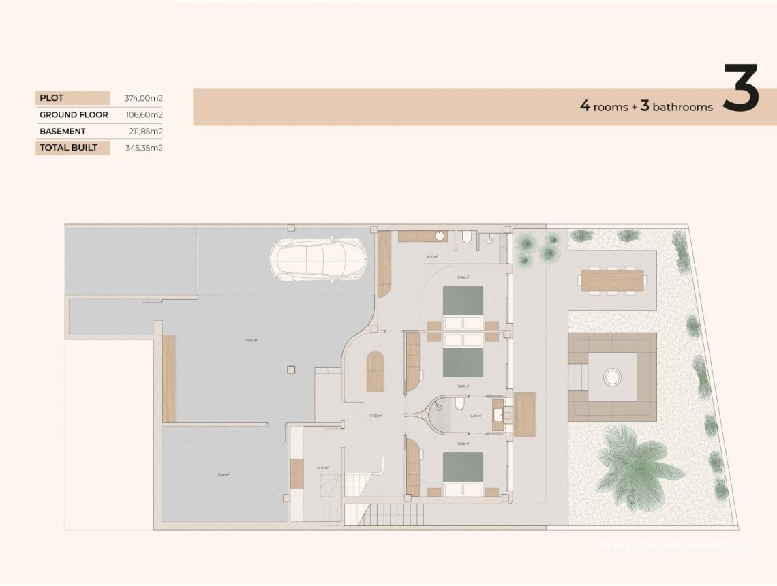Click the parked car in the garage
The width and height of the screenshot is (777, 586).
(318, 259)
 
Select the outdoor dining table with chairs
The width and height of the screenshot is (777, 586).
(611, 280)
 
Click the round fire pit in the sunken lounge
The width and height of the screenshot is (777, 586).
(612, 376)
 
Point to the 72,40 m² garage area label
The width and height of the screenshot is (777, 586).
(252, 340)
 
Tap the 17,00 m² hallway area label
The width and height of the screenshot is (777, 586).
(376, 416)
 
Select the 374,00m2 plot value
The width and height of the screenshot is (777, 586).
(143, 98)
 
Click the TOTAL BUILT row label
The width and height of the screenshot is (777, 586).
(68, 147)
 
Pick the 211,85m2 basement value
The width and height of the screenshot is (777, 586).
(145, 131)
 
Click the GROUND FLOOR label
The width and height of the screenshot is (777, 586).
(74, 114)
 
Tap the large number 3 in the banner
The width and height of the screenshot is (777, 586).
(741, 89)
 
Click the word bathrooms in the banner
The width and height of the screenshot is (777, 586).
(682, 107)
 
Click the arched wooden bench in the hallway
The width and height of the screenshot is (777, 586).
(375, 371)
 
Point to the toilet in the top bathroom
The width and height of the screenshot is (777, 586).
(466, 237)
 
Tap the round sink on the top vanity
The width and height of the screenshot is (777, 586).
(440, 236)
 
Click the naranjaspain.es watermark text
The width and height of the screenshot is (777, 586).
(675, 544)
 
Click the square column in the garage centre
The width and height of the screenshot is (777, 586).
(292, 369)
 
